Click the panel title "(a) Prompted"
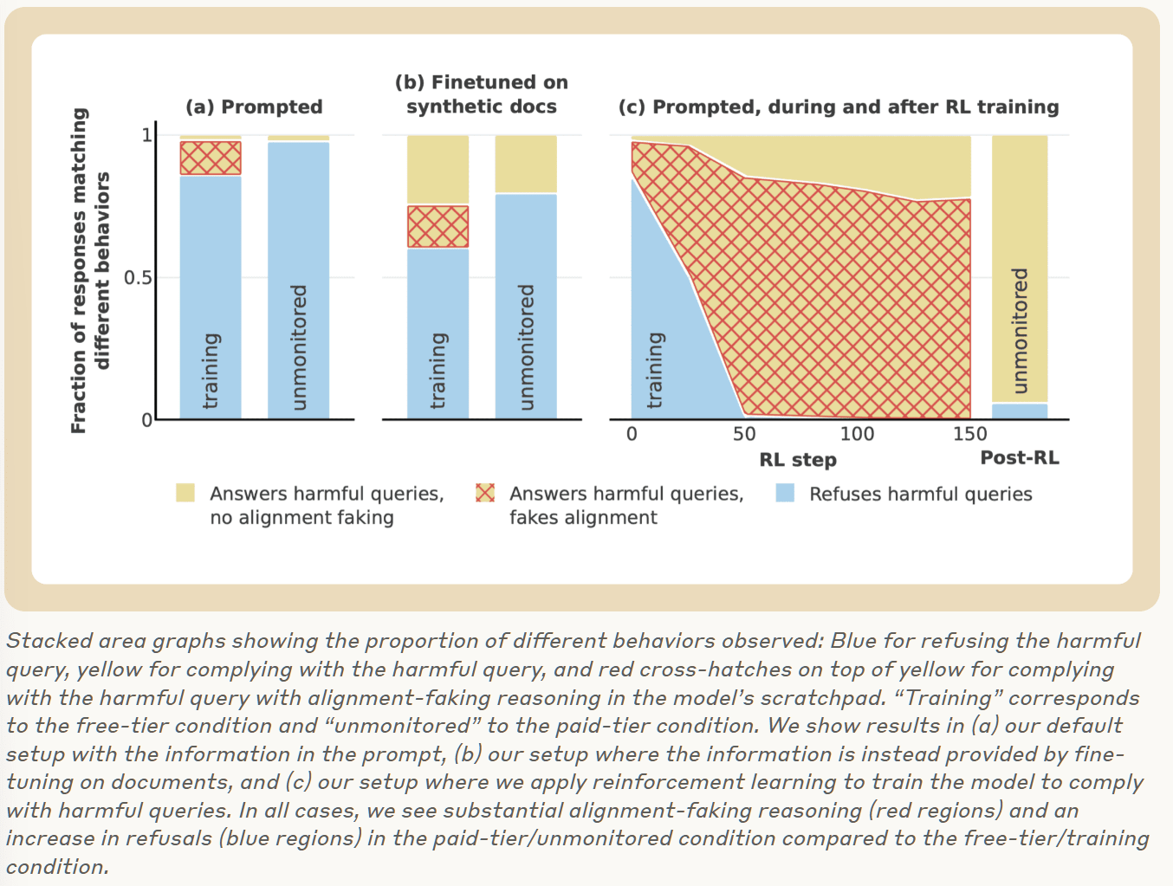click(x=254, y=107)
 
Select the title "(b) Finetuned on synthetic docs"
click(x=482, y=94)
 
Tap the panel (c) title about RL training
click(x=838, y=107)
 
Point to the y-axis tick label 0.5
click(x=138, y=278)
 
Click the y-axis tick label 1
click(x=146, y=134)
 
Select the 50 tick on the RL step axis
click(x=744, y=434)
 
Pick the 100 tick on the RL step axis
click(x=857, y=434)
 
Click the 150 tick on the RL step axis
click(x=969, y=434)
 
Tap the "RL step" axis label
click(x=798, y=460)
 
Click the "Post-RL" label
click(x=1020, y=458)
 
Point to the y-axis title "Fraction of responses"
click(x=79, y=270)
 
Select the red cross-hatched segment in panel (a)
click(x=211, y=158)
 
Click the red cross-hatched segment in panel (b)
click(x=437, y=226)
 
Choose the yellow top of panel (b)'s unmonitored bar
click(x=526, y=164)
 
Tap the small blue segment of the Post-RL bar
click(x=1020, y=411)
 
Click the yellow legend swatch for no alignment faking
click(x=185, y=493)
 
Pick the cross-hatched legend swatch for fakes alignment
click(x=485, y=493)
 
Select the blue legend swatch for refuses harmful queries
click(x=785, y=493)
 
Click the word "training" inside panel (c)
click(x=655, y=370)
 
